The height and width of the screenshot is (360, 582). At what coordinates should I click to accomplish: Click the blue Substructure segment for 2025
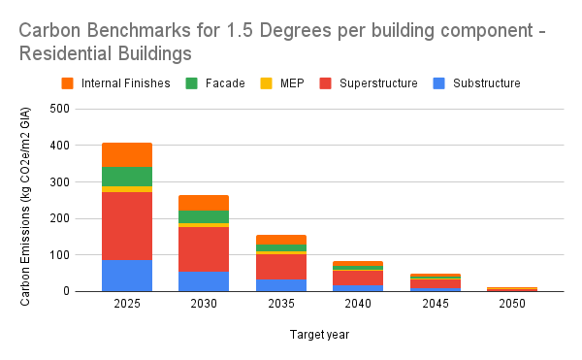tap(127, 275)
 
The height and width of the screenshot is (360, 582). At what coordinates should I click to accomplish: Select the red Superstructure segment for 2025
tap(127, 226)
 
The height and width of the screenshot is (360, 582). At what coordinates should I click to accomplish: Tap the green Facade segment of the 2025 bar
tap(127, 176)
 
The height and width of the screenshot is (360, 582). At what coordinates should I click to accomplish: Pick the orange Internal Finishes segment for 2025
tap(127, 154)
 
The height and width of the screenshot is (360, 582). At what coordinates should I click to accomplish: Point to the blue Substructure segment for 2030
tap(204, 280)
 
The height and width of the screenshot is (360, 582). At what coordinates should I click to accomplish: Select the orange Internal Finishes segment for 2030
tap(204, 203)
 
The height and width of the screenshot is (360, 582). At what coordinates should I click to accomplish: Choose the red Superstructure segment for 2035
tap(280, 266)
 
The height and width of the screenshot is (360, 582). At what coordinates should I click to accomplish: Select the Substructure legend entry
tap(477, 82)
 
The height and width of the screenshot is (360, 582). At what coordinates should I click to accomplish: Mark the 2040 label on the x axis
tap(357, 305)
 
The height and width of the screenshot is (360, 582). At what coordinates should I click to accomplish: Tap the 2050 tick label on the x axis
tap(511, 305)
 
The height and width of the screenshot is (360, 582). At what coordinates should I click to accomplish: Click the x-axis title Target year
tap(319, 335)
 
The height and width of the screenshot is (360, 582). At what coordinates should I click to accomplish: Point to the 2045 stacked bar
tap(435, 282)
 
